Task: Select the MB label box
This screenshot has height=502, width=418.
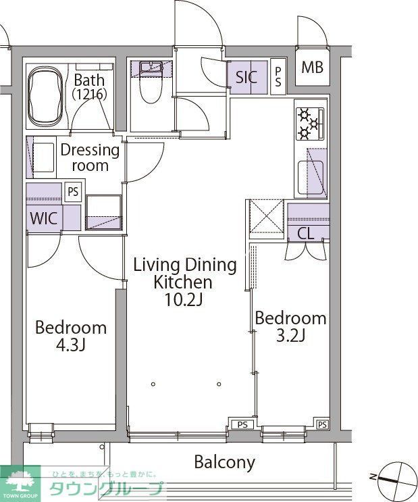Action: (313, 68)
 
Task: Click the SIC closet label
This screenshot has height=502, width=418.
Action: (246, 77)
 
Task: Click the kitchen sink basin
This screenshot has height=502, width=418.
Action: (311, 178)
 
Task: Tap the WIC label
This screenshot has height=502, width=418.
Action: (44, 218)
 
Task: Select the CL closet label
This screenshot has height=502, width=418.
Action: (306, 234)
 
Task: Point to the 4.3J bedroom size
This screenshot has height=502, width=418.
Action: (70, 345)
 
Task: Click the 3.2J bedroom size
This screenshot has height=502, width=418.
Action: (290, 336)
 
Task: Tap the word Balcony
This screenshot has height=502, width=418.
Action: (225, 462)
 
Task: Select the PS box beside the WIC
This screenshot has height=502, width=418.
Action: (74, 192)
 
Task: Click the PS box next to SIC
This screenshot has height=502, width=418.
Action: (278, 77)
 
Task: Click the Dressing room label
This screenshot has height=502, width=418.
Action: (90, 158)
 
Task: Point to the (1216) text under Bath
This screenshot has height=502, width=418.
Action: (89, 94)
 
